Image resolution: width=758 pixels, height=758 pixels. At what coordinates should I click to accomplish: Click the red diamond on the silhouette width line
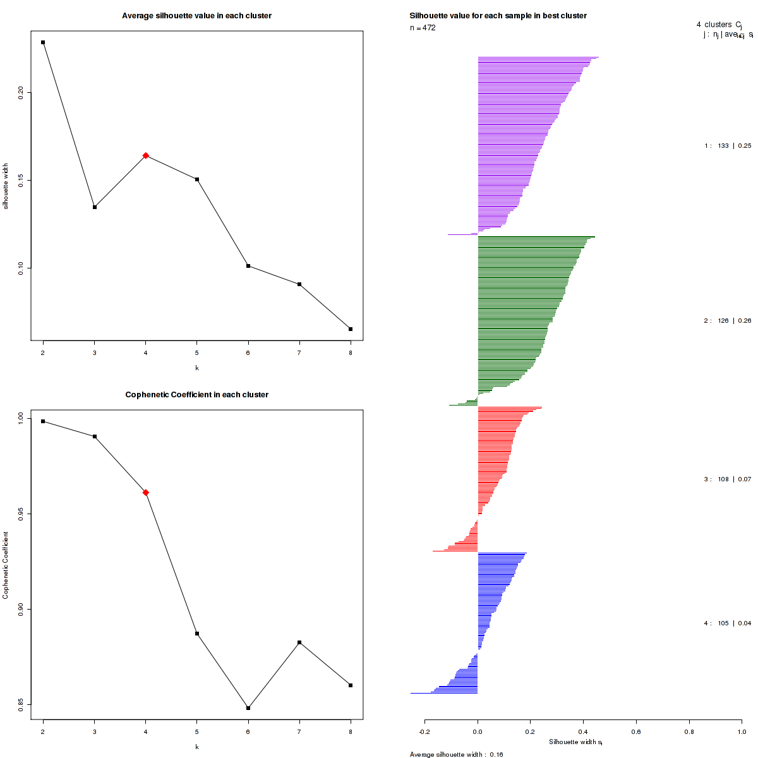click(x=146, y=155)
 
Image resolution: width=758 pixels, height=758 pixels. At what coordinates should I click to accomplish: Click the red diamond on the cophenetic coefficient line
click(x=146, y=492)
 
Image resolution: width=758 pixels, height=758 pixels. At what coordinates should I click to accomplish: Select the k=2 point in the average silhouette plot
click(x=43, y=42)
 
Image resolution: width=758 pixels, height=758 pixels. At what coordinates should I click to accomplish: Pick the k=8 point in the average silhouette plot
click(x=351, y=329)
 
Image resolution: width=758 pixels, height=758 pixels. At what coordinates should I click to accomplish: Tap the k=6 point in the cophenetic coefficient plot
click(x=248, y=708)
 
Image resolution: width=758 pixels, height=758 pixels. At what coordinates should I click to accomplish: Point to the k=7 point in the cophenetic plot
click(x=299, y=642)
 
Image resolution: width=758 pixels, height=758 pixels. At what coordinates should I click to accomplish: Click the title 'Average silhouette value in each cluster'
click(x=196, y=16)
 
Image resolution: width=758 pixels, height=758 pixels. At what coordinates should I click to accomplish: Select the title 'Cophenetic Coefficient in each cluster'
click(x=196, y=395)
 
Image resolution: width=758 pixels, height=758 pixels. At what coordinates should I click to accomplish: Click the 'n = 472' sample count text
click(x=423, y=28)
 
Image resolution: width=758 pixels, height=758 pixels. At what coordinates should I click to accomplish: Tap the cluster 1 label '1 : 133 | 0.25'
click(x=728, y=146)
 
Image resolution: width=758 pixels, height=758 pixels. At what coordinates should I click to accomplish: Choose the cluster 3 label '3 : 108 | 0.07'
click(x=728, y=479)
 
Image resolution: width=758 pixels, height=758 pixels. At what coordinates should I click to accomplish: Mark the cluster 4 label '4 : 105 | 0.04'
click(x=728, y=623)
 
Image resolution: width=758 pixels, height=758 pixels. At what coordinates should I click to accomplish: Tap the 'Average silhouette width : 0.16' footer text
click(x=456, y=754)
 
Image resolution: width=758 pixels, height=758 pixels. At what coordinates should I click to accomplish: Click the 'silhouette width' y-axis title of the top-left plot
click(x=6, y=186)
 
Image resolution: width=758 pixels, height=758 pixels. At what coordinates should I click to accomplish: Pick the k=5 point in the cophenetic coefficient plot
click(x=197, y=634)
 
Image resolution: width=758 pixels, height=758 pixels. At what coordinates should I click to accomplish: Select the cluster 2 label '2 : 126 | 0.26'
click(x=728, y=321)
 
